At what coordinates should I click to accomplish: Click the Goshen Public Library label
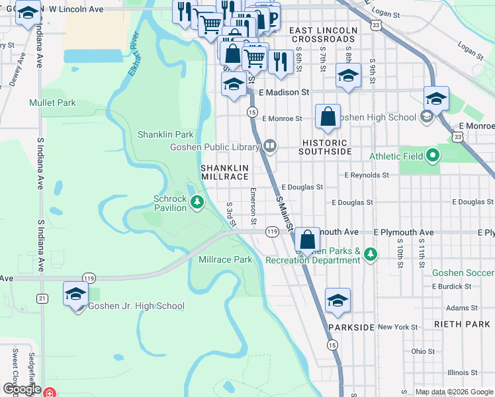pos(214,147)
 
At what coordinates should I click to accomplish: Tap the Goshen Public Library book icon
pos(269,146)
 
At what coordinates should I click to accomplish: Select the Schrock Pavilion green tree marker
pos(197,201)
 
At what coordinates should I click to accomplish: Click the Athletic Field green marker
pos(433,156)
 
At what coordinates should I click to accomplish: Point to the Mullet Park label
pos(52,103)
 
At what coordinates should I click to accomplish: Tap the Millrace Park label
pos(226,260)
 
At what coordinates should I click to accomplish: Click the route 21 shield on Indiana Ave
pos(42,298)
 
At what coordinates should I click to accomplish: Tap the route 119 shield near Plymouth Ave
pos(272,232)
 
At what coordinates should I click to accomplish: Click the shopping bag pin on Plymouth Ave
pos(306,240)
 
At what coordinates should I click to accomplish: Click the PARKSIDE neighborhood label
pos(351,327)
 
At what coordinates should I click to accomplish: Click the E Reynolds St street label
pos(367,175)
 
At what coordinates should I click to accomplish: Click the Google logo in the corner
pos(22,389)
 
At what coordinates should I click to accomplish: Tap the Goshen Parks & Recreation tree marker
pos(371,253)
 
